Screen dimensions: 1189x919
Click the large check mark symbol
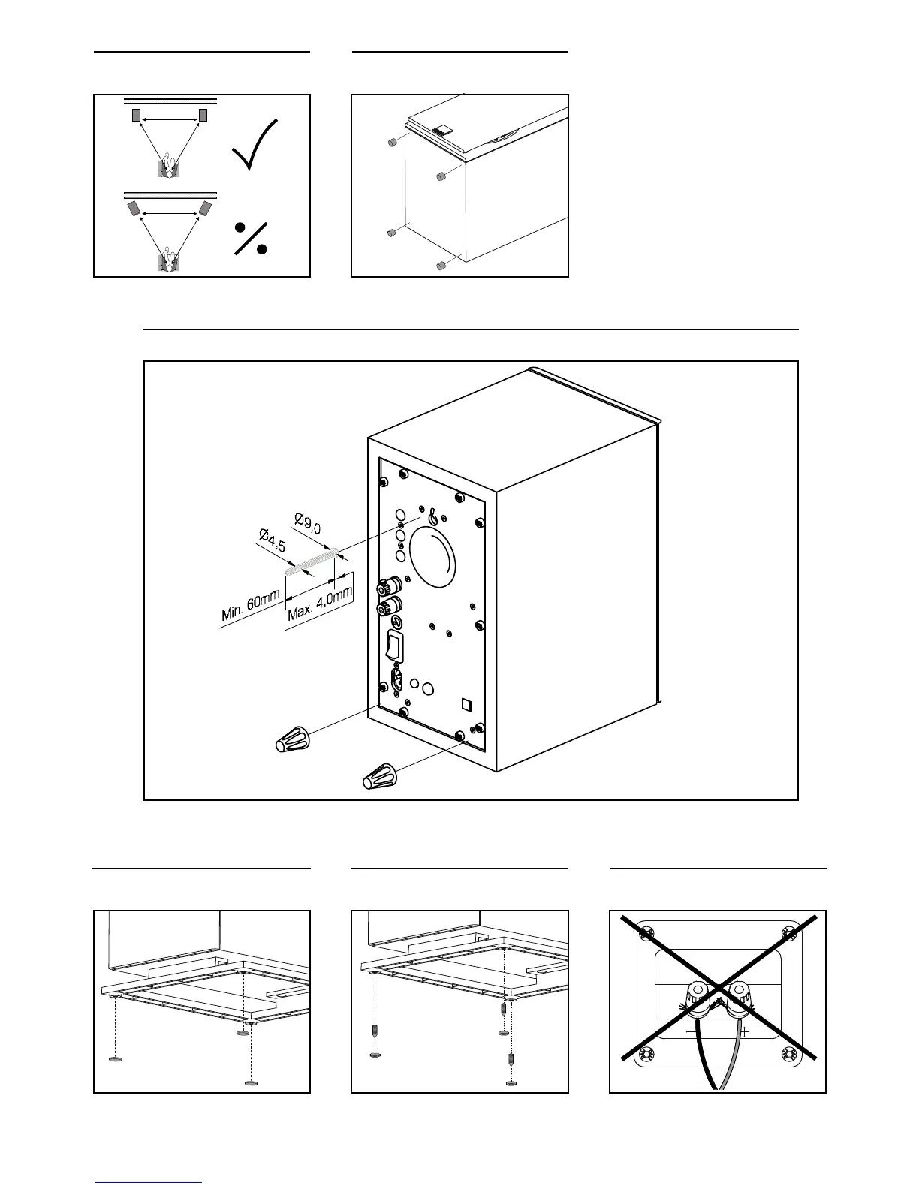255,145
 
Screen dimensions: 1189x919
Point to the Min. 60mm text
251,606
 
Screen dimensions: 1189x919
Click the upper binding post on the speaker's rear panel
390,585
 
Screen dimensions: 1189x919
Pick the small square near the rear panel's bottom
466,704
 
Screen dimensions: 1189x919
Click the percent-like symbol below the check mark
251,238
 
